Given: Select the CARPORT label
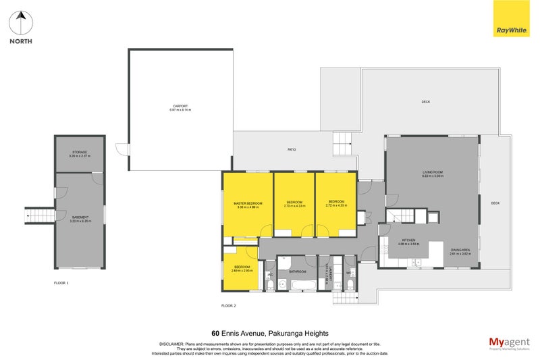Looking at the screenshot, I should pyautogui.click(x=180, y=107).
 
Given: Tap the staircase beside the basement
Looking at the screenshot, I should pyautogui.click(x=39, y=216).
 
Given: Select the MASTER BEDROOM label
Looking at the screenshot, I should pyautogui.click(x=248, y=205).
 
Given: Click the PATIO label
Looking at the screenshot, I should pyautogui.click(x=292, y=150).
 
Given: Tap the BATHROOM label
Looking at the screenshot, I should pyautogui.click(x=298, y=272).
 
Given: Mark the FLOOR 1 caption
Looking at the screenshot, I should pyautogui.click(x=62, y=282).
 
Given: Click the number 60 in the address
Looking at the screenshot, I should pyautogui.click(x=215, y=333).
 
